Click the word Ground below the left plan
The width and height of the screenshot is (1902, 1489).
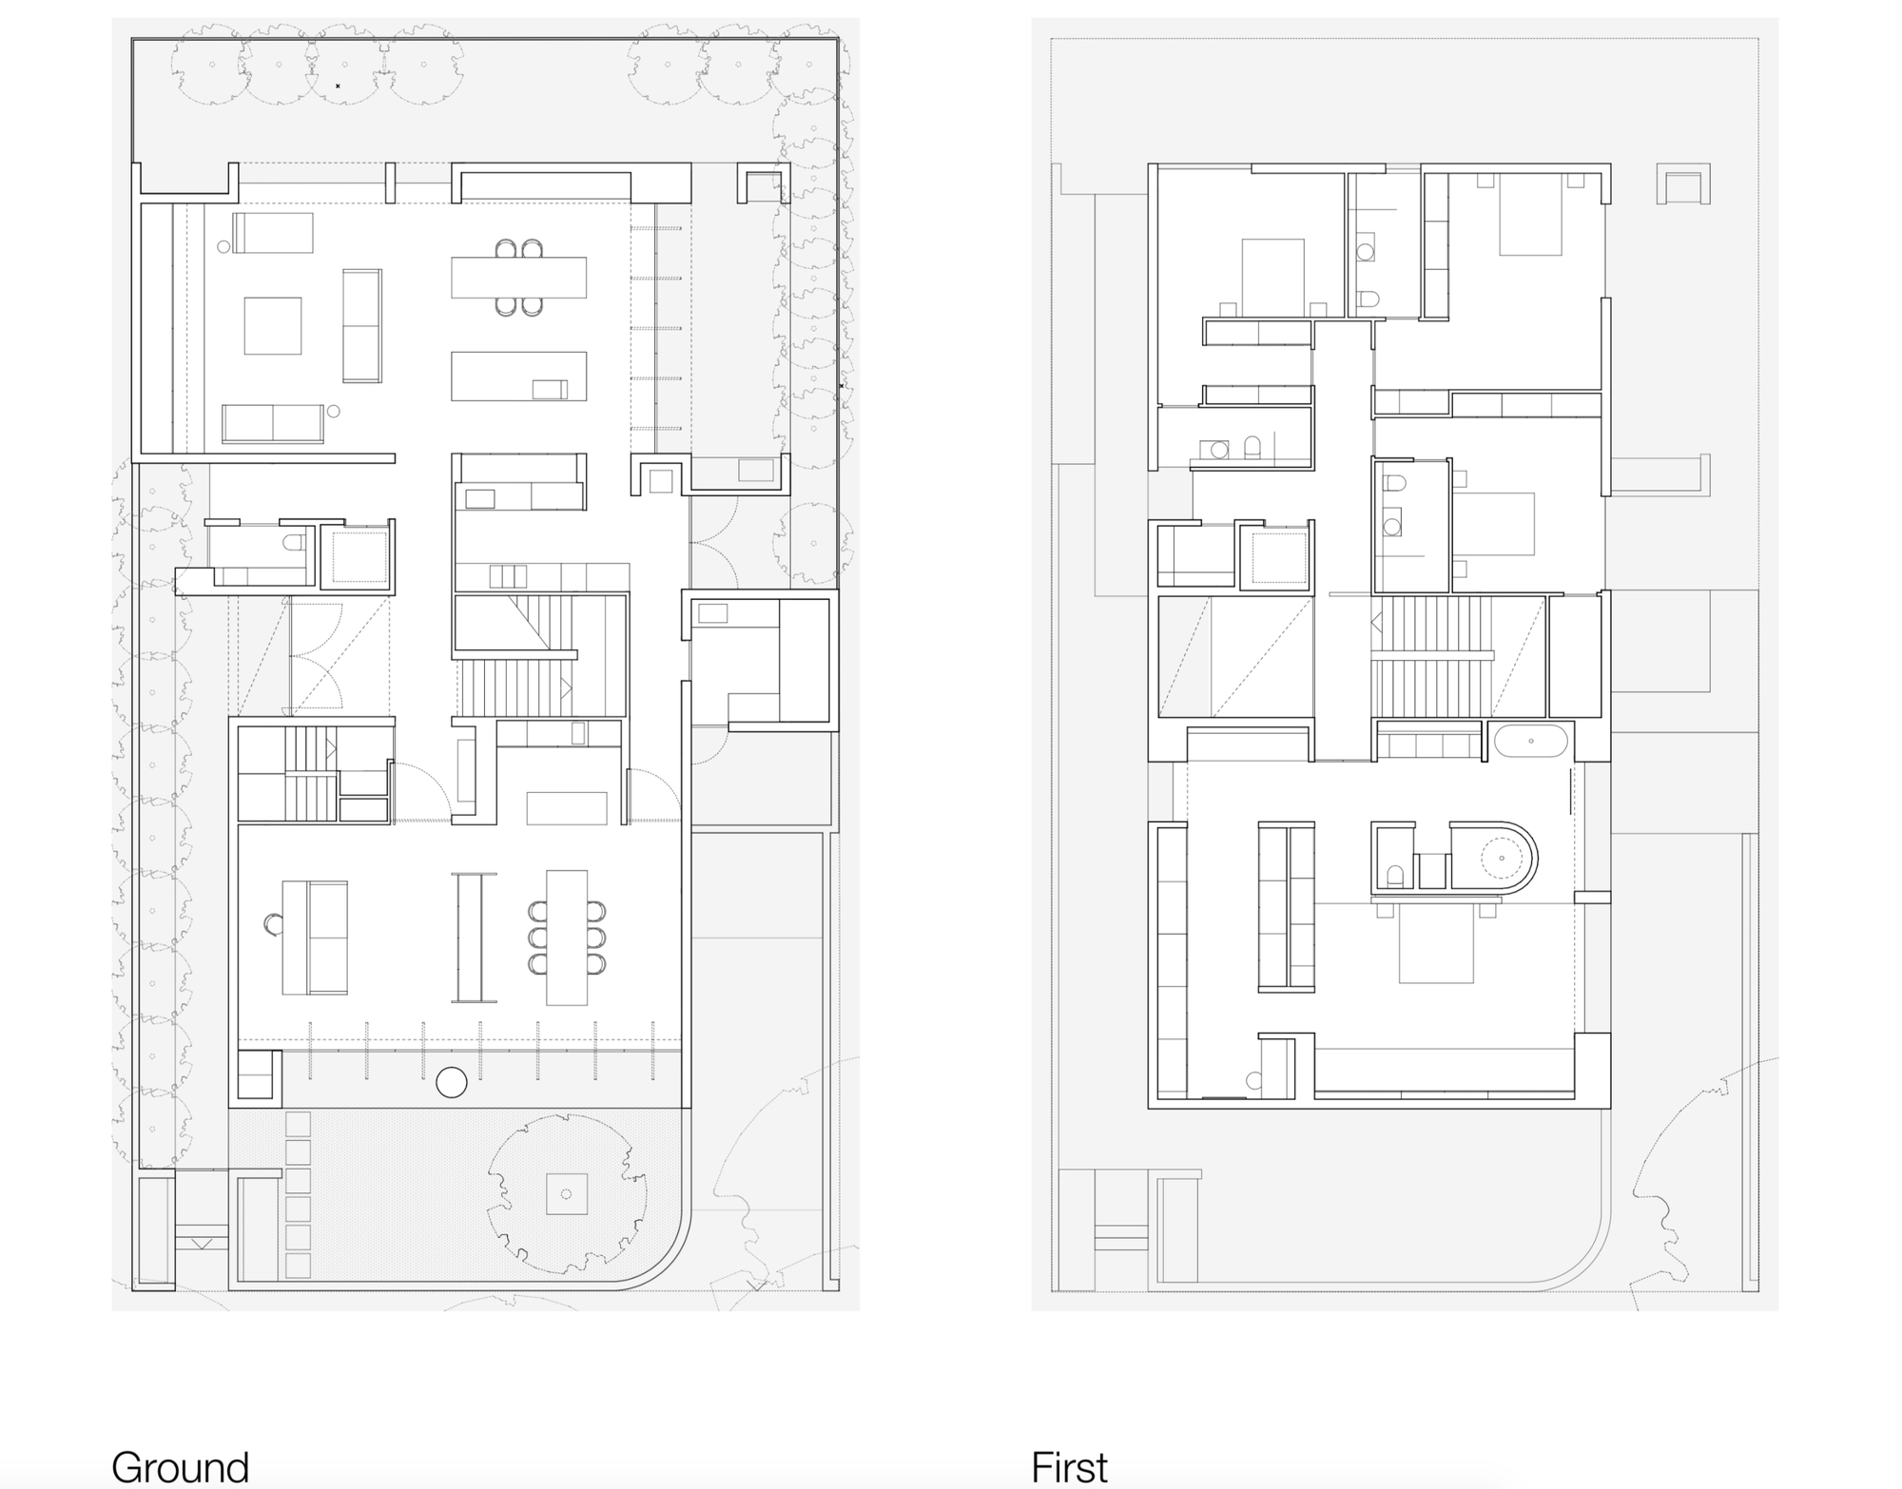point(180,1467)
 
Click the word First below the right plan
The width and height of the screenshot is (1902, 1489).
point(1069,1467)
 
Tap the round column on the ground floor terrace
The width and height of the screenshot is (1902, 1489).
point(451,1082)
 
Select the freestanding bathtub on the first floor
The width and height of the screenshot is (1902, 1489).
point(1529,741)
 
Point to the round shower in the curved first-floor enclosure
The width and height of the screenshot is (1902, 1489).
point(1501,858)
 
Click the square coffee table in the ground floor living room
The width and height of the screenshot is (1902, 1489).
point(273,325)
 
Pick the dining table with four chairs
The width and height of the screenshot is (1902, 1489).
point(518,278)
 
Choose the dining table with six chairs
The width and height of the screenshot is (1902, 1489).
point(567,937)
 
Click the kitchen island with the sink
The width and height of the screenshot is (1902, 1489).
point(518,376)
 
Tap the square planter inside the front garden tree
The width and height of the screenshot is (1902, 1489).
point(567,1194)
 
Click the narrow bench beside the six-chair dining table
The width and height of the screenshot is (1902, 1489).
point(474,938)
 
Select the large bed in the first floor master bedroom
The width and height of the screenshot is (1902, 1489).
point(1435,944)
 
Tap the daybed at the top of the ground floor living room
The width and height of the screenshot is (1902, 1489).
point(273,233)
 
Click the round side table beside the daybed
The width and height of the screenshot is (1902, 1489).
point(223,246)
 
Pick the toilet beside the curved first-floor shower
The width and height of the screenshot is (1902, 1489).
point(1394,874)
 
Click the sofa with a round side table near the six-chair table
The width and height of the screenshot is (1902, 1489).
point(315,938)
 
